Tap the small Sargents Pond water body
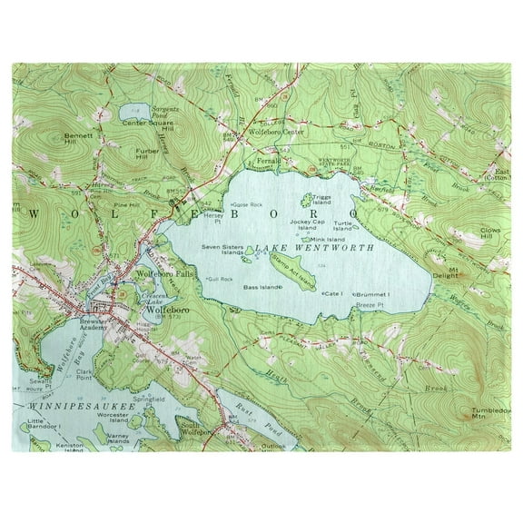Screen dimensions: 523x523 tap(129, 113)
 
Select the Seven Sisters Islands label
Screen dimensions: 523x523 tap(224, 250)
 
